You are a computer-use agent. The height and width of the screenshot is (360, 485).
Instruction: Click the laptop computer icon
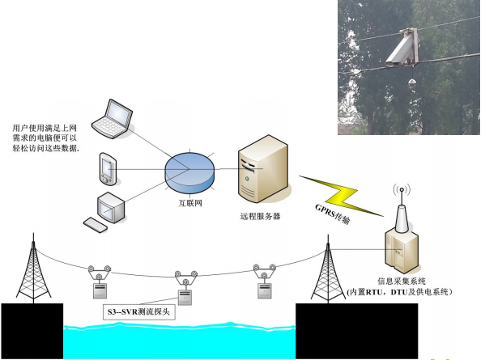(x=113, y=119)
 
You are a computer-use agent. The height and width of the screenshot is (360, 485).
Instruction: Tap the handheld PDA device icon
(x=108, y=169)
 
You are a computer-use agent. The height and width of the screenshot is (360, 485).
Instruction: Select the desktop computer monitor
(x=111, y=207)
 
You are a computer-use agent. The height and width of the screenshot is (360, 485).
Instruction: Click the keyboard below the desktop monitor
(x=96, y=225)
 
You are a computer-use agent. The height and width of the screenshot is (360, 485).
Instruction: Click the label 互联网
(x=190, y=203)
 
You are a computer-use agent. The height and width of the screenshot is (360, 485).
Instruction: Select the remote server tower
(x=263, y=168)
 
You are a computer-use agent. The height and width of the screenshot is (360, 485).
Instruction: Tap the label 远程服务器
(x=260, y=216)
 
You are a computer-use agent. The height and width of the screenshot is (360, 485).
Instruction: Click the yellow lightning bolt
(x=340, y=196)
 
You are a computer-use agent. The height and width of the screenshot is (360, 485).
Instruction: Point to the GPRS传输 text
(x=333, y=214)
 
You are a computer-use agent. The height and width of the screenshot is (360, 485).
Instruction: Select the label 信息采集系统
(x=401, y=281)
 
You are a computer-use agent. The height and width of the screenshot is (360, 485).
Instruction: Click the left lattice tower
(x=33, y=269)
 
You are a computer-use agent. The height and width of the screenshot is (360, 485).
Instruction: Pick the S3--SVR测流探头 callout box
(x=139, y=311)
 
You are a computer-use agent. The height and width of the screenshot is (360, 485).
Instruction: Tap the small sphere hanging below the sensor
(x=412, y=83)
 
